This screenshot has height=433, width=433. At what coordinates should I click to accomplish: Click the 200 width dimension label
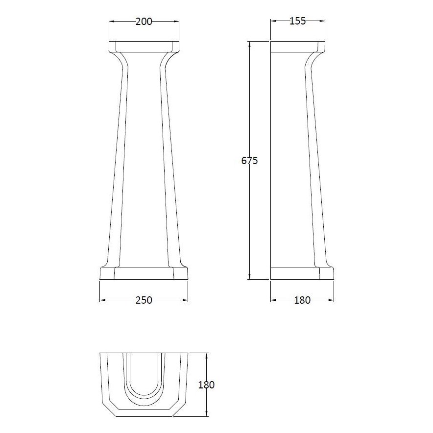pyautogui.click(x=144, y=21)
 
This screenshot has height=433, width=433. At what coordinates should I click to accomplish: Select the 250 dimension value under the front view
pyautogui.click(x=144, y=300)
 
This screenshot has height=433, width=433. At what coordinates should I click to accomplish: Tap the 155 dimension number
pyautogui.click(x=298, y=21)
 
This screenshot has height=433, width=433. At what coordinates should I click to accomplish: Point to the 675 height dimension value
pyautogui.click(x=250, y=160)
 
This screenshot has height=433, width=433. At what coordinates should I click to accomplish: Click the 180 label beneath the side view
pyautogui.click(x=302, y=300)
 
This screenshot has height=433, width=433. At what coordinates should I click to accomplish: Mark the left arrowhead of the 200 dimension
pyautogui.click(x=110, y=21)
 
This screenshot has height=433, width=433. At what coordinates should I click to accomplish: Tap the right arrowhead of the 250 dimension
pyautogui.click(x=187, y=300)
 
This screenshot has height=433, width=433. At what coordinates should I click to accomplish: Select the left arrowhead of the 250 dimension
pyautogui.click(x=101, y=300)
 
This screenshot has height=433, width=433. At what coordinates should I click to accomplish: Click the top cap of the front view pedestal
pyautogui.click(x=144, y=47)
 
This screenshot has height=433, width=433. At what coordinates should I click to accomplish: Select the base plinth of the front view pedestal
pyautogui.click(x=144, y=274)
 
